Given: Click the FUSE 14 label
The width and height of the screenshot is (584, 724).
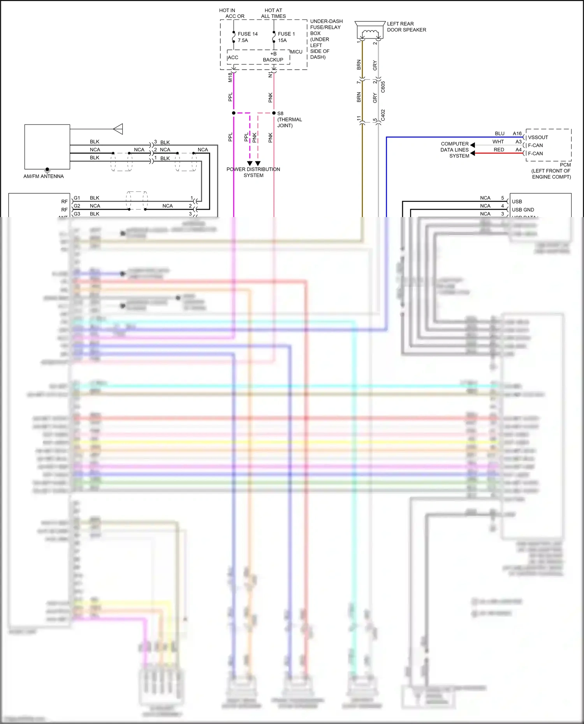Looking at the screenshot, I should tap(247, 34).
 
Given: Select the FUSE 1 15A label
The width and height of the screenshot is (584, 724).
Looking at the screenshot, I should tap(286, 37).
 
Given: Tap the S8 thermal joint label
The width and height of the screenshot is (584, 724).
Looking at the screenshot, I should tap(289, 119).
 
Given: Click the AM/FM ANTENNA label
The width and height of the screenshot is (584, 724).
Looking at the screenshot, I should tap(44, 176).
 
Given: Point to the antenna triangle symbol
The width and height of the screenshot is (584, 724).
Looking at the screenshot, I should tap(118, 129).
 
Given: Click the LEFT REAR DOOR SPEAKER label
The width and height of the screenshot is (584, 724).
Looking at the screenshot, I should tap(406, 27).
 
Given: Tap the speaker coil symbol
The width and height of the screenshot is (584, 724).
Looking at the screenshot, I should tap(369, 32).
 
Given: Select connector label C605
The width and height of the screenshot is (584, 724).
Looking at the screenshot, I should tap(383, 86).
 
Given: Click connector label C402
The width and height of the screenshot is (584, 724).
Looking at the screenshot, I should tap(383, 115).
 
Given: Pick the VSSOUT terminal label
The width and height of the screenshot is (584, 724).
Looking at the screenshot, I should tap(538, 137).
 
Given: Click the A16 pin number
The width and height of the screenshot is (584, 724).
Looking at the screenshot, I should tap(517, 133).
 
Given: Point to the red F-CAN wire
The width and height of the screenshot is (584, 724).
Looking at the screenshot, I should tap(498, 153).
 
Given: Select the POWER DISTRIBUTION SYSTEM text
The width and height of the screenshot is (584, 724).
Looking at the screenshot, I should tap(253, 172).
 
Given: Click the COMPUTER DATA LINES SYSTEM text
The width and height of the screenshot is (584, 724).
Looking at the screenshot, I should tap(455, 150).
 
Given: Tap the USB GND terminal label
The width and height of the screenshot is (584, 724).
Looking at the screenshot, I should tap(522, 210).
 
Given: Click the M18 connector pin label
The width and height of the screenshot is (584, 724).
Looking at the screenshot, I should tap(230, 77).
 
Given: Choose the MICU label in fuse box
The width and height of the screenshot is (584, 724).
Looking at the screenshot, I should tap(296, 52).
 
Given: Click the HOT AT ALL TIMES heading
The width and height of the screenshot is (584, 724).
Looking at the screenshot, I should tap(273, 13).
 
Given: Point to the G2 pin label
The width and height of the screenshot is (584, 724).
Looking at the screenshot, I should tap(77, 206).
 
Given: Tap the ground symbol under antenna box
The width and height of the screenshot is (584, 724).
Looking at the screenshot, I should tap(47, 170).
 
